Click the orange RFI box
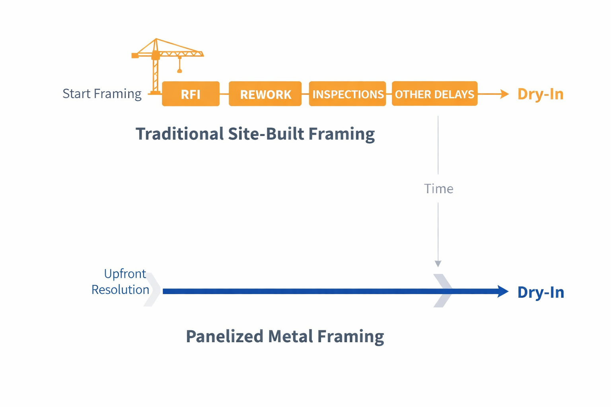(x=191, y=94)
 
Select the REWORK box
(x=265, y=94)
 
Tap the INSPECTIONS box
(x=347, y=94)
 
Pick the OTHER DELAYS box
(x=434, y=94)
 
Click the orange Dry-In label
(x=540, y=94)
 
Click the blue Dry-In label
(x=540, y=292)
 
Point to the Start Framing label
(x=102, y=94)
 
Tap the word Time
(x=438, y=188)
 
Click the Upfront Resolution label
(x=120, y=281)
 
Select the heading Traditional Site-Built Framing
(x=255, y=134)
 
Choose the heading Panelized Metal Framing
(x=285, y=336)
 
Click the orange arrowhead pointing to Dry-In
(x=504, y=94)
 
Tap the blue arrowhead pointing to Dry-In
(x=503, y=291)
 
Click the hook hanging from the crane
(x=179, y=70)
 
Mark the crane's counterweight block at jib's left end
(x=135, y=56)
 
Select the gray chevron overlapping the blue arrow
(x=443, y=291)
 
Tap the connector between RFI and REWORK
(x=224, y=94)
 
